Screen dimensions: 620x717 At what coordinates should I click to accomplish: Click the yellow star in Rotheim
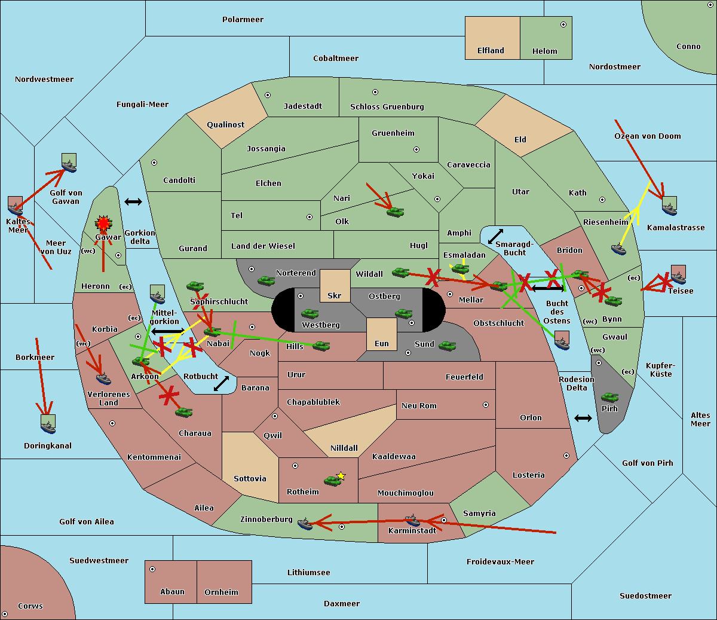click(x=341, y=476)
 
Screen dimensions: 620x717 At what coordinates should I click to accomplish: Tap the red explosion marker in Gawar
click(x=103, y=224)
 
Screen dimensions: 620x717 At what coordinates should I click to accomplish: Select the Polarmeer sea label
click(x=243, y=20)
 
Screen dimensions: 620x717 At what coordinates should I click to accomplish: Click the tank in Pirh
click(x=609, y=398)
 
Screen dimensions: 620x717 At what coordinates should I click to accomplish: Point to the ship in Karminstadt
click(x=412, y=520)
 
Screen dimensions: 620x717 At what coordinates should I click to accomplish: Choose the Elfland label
click(x=491, y=51)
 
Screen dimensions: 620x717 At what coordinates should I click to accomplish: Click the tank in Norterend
click(x=266, y=280)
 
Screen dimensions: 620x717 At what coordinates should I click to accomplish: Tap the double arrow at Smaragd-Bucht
click(x=496, y=236)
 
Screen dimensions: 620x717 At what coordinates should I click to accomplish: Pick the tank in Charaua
click(x=183, y=412)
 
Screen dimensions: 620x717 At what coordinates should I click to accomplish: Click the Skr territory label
click(x=335, y=296)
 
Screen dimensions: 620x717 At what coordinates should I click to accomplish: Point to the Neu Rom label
click(x=419, y=406)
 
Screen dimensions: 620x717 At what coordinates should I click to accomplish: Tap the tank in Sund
click(x=447, y=346)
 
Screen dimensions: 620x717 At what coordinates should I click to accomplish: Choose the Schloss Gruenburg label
click(x=387, y=107)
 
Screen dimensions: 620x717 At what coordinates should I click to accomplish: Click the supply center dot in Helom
click(x=563, y=25)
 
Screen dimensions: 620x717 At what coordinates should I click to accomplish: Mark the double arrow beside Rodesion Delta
click(x=583, y=418)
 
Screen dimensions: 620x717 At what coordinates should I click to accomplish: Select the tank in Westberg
click(x=310, y=313)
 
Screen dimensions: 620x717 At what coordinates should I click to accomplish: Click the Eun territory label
click(x=382, y=344)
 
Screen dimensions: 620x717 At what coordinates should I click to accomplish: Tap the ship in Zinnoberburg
click(x=305, y=524)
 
